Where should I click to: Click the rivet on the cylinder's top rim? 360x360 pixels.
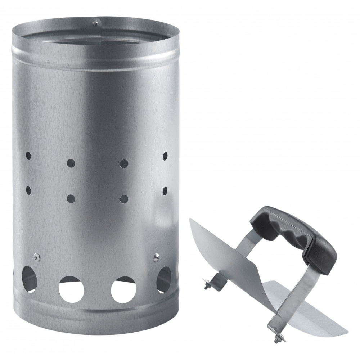coord(95,24)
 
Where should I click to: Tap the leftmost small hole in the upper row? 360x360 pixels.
coord(28,156)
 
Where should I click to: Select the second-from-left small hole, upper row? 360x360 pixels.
coord(71,163)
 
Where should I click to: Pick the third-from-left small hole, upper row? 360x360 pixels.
coord(124,163)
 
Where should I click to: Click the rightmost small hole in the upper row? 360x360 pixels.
coord(165,156)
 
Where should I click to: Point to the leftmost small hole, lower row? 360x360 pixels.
coord(28,188)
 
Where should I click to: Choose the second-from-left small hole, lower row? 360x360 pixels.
coord(71,198)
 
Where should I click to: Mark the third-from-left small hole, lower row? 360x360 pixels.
coord(124,198)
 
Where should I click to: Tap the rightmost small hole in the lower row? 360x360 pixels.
coord(165,190)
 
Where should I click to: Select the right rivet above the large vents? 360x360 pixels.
coord(156,257)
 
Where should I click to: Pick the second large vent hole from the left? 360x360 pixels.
coord(71,289)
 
